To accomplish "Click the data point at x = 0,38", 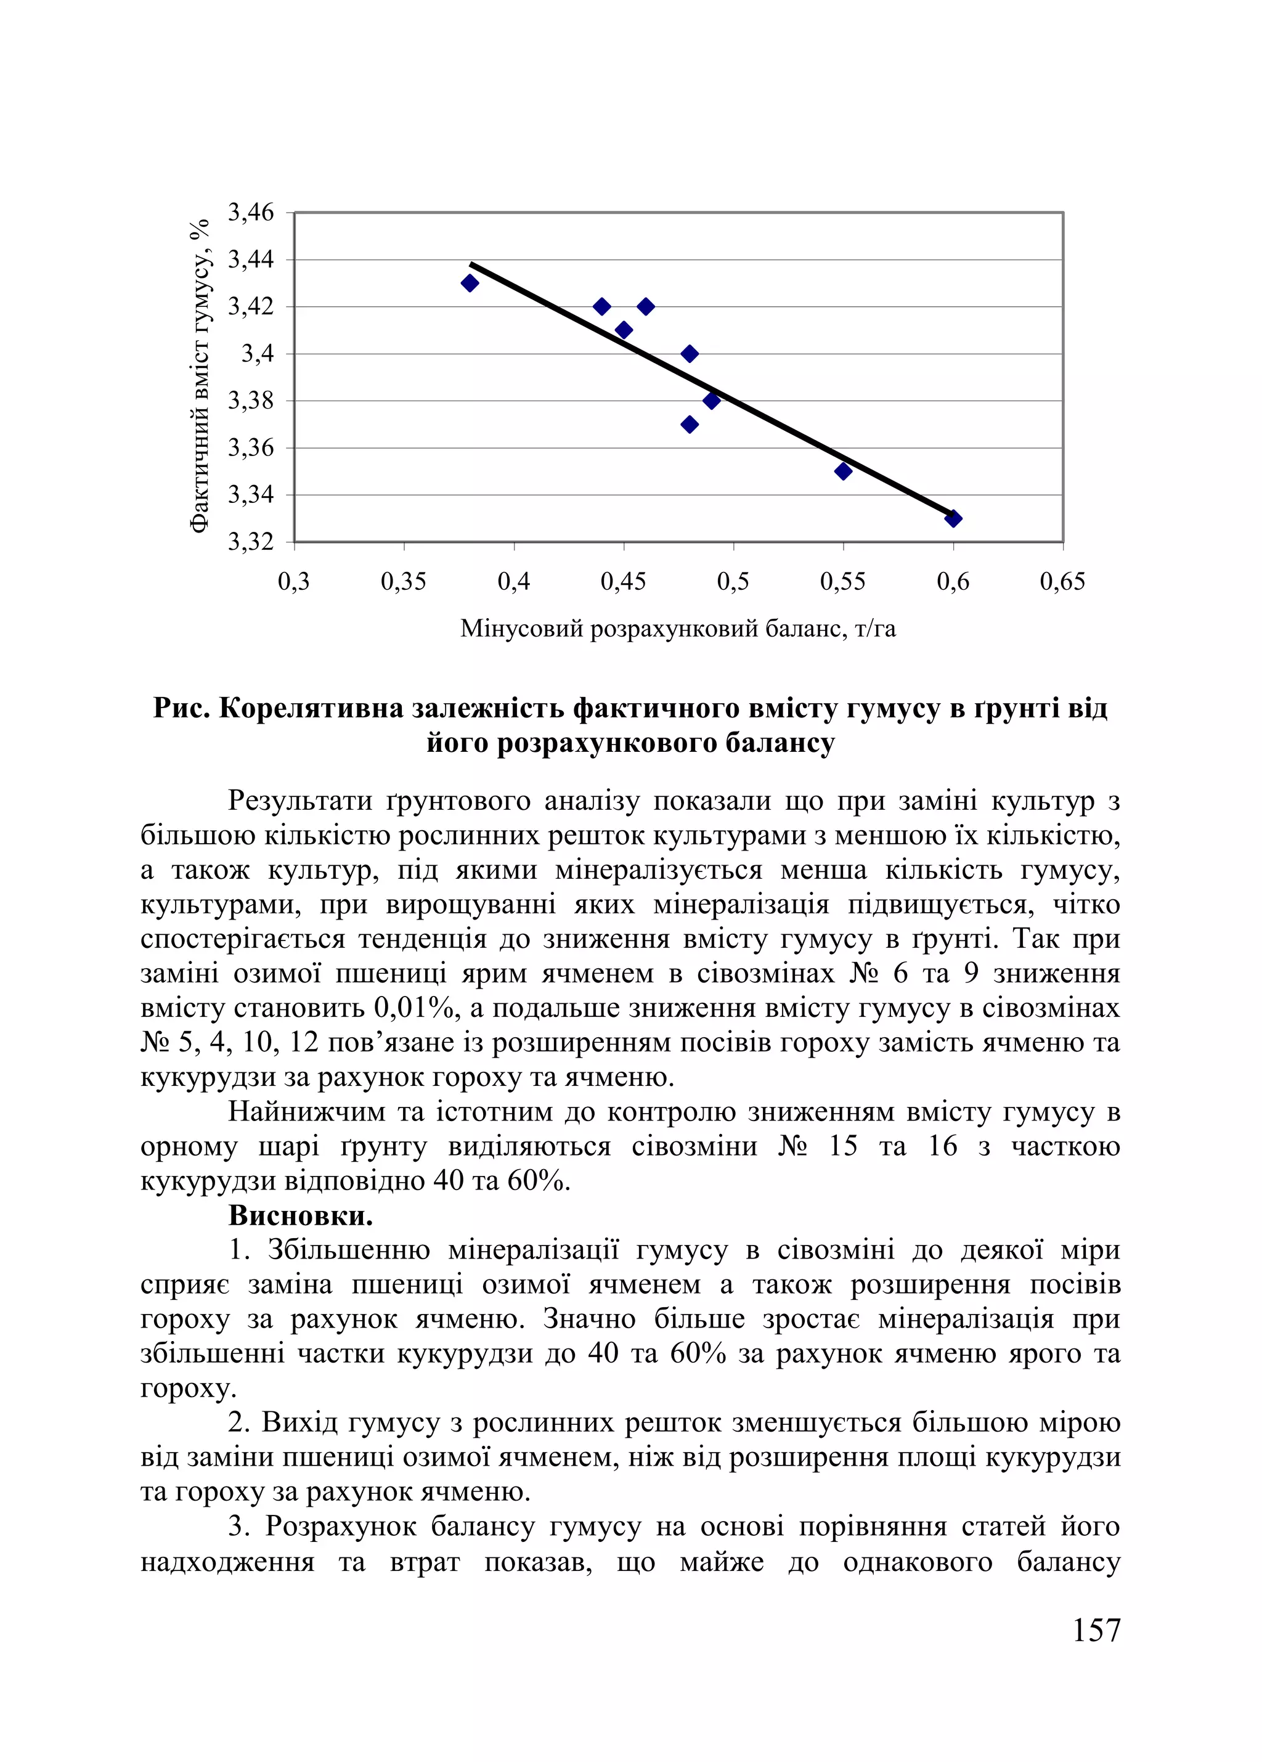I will [469, 283].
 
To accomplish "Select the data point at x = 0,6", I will [953, 518].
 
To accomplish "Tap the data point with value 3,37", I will [689, 424].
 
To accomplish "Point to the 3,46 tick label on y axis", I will [250, 212].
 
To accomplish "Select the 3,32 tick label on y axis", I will [250, 542].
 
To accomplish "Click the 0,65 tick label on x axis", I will [1062, 581].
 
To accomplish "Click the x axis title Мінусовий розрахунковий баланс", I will [677, 628].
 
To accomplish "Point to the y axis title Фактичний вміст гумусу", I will [200, 375].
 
